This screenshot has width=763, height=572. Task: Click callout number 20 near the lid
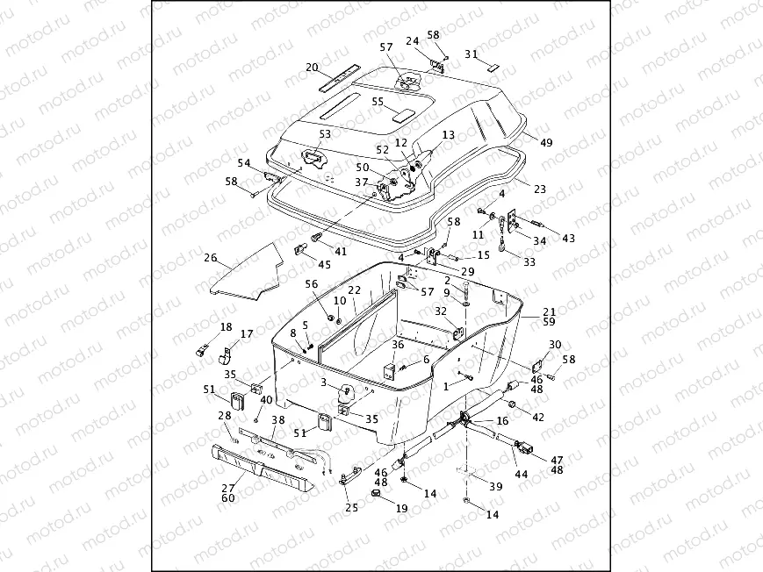312,68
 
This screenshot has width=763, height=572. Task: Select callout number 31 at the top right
471,54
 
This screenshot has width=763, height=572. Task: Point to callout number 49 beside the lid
546,142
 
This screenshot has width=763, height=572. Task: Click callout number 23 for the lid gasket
539,189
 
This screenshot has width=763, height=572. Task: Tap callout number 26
210,258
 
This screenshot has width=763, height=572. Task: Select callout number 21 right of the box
549,311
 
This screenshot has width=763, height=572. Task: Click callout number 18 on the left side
226,327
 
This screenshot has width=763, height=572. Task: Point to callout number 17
247,334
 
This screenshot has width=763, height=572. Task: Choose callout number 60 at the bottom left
227,498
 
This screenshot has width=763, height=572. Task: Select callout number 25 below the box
351,507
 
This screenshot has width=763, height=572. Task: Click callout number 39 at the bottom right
496,487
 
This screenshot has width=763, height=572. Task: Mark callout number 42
538,417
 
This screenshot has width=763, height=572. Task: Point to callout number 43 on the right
568,239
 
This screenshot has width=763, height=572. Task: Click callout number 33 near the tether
529,261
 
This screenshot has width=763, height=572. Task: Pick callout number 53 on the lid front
325,134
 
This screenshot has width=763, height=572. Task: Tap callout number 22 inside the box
354,290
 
